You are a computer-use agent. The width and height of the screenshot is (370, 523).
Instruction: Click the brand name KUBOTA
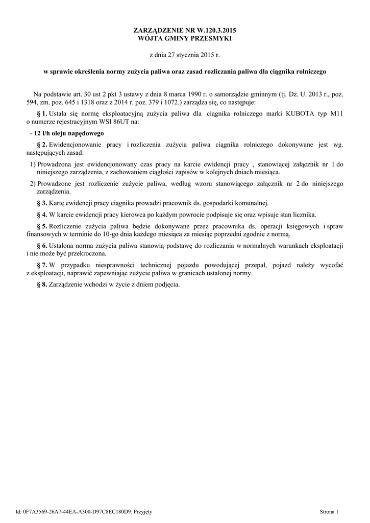pyautogui.click(x=303, y=113)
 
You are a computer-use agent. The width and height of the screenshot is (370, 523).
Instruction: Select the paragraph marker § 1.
pyautogui.click(x=42, y=113)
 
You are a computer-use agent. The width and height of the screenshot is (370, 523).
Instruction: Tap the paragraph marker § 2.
pyautogui.click(x=42, y=145)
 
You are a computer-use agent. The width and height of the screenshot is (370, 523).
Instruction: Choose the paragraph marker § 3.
pyautogui.click(x=42, y=203)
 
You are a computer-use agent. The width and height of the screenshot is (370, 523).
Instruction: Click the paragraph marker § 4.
pyautogui.click(x=42, y=215)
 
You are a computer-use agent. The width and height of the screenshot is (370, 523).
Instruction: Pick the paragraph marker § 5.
pyautogui.click(x=42, y=226)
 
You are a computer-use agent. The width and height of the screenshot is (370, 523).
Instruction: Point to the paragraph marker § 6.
pyautogui.click(x=42, y=246)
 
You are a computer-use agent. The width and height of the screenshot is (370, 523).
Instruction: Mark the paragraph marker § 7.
pyautogui.click(x=42, y=265)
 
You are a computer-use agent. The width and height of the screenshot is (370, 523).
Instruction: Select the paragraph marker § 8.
pyautogui.click(x=42, y=284)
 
